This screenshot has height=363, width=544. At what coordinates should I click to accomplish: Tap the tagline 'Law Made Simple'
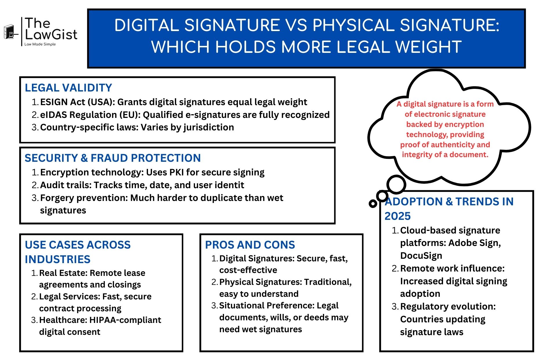tap(40, 44)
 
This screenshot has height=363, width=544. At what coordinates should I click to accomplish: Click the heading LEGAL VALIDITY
tap(68, 88)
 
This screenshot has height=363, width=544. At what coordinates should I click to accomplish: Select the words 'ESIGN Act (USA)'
tap(77, 102)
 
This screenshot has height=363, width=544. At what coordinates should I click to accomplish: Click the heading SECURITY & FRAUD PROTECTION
tap(113, 158)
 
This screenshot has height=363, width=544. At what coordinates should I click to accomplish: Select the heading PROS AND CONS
tap(250, 245)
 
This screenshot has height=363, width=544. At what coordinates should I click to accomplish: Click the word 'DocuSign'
tap(421, 256)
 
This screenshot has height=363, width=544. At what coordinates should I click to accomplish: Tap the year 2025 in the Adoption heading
tap(397, 216)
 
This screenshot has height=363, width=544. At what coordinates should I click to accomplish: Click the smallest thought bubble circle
tap(373, 204)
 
